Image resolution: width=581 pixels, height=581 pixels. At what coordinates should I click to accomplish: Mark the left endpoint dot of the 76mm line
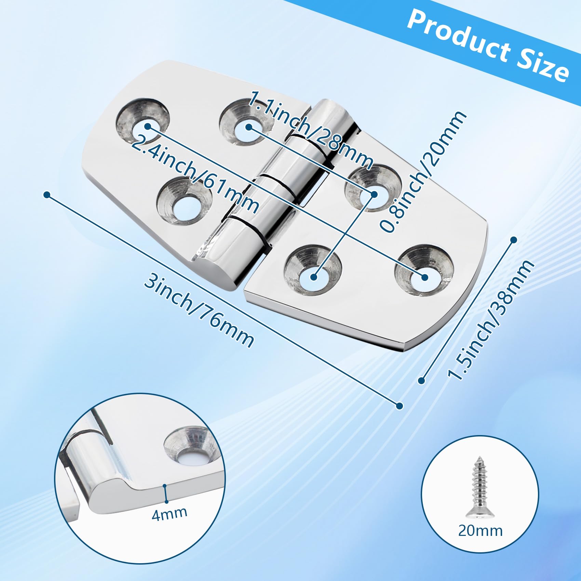pyautogui.click(x=47, y=195)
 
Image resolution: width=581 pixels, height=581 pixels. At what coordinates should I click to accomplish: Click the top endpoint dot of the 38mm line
pyautogui.click(x=513, y=240)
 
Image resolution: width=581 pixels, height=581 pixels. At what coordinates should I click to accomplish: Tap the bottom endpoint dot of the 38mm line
pyautogui.click(x=421, y=380)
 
